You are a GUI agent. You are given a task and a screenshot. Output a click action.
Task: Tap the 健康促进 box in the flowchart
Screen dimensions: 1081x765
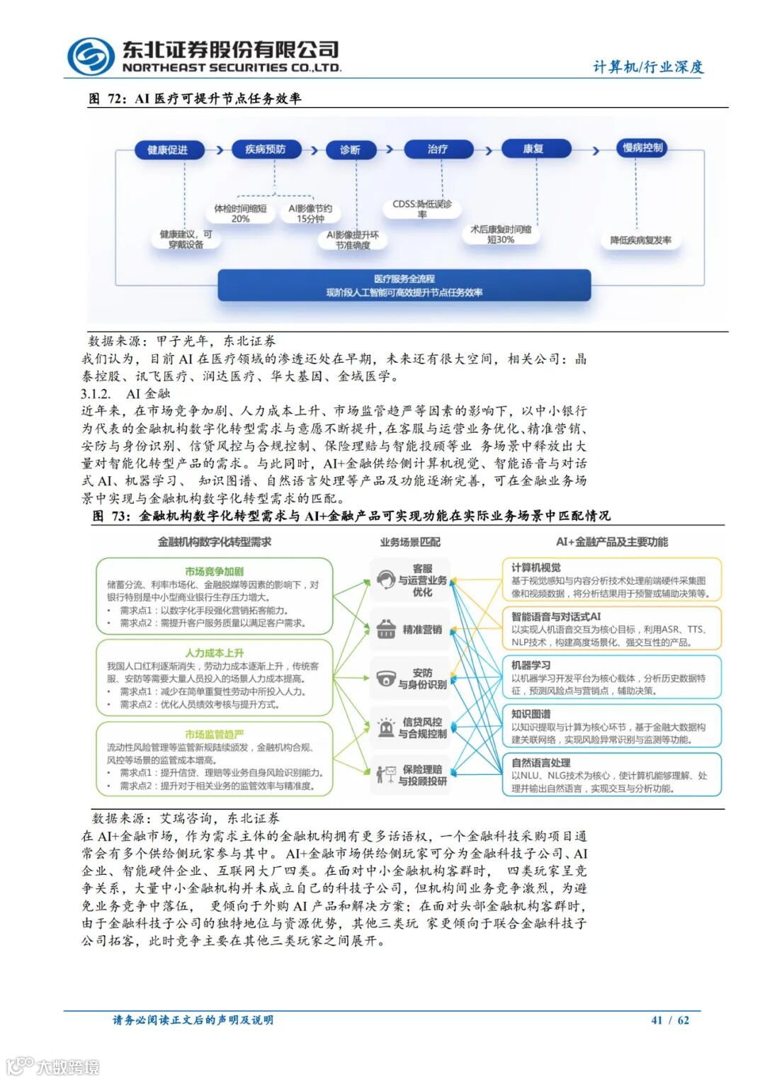[169, 149]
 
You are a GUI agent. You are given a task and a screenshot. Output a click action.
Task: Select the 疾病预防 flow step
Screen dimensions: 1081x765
[266, 149]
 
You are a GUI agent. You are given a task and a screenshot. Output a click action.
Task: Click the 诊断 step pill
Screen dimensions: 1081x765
[350, 149]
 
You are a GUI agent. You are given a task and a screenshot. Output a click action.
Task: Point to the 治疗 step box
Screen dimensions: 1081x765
[437, 149]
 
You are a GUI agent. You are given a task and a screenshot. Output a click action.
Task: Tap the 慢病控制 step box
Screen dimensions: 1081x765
[642, 147]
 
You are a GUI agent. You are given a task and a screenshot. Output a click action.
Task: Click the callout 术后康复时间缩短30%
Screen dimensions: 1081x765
[501, 234]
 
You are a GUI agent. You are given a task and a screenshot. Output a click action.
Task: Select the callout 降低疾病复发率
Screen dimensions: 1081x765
[641, 240]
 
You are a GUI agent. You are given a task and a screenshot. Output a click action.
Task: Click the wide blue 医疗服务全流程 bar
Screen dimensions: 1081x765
[404, 285]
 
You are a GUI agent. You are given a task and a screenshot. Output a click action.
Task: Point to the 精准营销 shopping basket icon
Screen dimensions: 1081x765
[386, 629]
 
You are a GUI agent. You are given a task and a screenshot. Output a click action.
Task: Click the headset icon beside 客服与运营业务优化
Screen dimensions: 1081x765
[385, 580]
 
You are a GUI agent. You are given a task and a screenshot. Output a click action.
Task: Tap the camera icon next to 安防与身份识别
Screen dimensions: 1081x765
[385, 678]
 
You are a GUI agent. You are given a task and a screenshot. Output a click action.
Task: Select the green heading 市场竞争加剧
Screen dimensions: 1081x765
[214, 571]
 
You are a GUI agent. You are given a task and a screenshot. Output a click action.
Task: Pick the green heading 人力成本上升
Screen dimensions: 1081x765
[214, 652]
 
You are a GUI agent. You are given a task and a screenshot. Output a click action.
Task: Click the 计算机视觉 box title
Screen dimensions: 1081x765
[536, 567]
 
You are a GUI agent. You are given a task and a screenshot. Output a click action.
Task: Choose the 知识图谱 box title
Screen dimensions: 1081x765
[531, 714]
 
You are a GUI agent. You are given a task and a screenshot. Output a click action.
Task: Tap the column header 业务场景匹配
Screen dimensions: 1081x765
[410, 542]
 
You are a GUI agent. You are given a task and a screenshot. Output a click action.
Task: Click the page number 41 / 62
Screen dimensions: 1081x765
[669, 1020]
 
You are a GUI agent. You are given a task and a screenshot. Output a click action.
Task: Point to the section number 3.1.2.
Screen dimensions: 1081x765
[96, 394]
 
